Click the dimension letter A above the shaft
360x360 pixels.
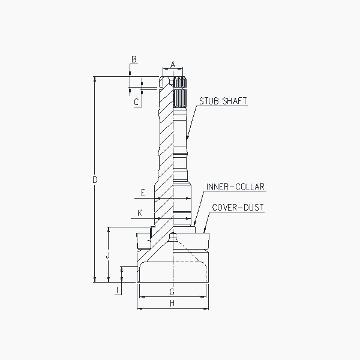click(x=173, y=65)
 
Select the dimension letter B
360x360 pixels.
click(x=134, y=59)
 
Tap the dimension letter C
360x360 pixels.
click(x=136, y=102)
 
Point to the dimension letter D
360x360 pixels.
click(x=95, y=180)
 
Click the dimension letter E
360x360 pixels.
click(x=143, y=193)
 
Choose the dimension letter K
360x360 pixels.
click(x=140, y=213)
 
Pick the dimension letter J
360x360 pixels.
click(x=108, y=255)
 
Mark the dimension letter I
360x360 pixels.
click(x=118, y=290)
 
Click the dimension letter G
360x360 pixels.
click(x=172, y=292)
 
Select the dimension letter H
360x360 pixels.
click(x=172, y=304)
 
